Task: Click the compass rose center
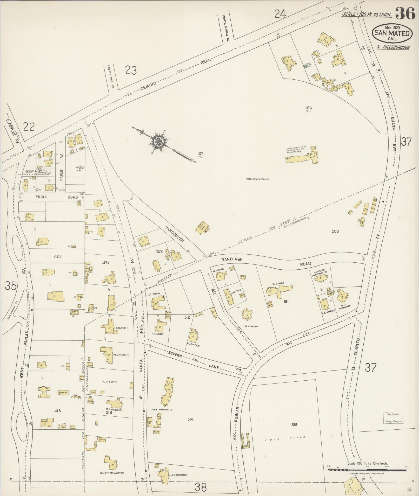[x=158, y=142]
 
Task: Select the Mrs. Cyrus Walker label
[x=258, y=179]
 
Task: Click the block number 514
[x=190, y=419]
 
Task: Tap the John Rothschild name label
[x=162, y=410]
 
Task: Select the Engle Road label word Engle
[x=42, y=197]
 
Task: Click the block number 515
[x=294, y=425]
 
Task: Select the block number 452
[x=159, y=252]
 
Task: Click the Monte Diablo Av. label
[x=224, y=28]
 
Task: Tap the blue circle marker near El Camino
[x=305, y=66]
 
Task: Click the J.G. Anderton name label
[x=179, y=475]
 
